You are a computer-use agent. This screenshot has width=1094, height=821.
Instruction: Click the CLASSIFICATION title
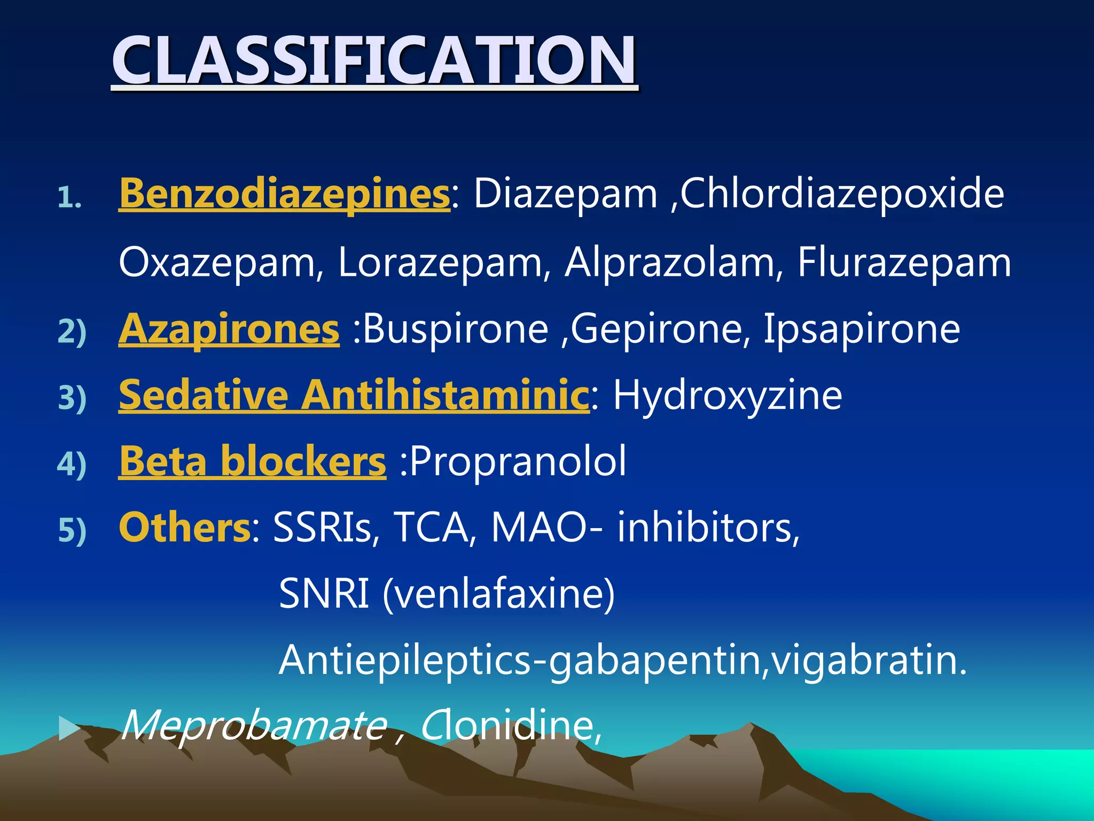point(374,60)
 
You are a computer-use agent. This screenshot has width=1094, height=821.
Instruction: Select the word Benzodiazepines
point(284,193)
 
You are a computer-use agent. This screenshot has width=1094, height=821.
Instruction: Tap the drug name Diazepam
point(565,193)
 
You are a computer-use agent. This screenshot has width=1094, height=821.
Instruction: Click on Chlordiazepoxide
point(842,193)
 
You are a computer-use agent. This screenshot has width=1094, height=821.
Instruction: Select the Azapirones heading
point(229,329)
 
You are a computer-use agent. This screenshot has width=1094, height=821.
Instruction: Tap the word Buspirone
point(456,329)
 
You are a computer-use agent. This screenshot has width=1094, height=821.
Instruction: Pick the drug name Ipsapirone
point(861,329)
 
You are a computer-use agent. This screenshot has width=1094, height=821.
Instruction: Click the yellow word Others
point(185,528)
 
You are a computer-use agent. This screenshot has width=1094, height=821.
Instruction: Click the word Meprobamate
point(254,726)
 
